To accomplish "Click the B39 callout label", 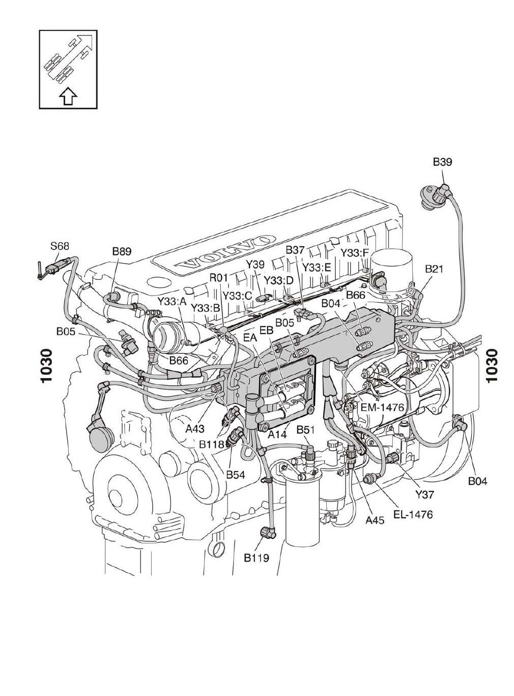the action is click(442, 162).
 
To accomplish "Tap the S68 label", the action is click(60, 246).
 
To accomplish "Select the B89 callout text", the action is click(122, 251).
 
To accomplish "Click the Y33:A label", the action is click(172, 301).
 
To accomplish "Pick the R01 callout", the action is click(218, 277).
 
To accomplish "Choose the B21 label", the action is click(434, 269).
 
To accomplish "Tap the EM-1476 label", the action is click(382, 408).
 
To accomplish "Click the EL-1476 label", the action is click(413, 514).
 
